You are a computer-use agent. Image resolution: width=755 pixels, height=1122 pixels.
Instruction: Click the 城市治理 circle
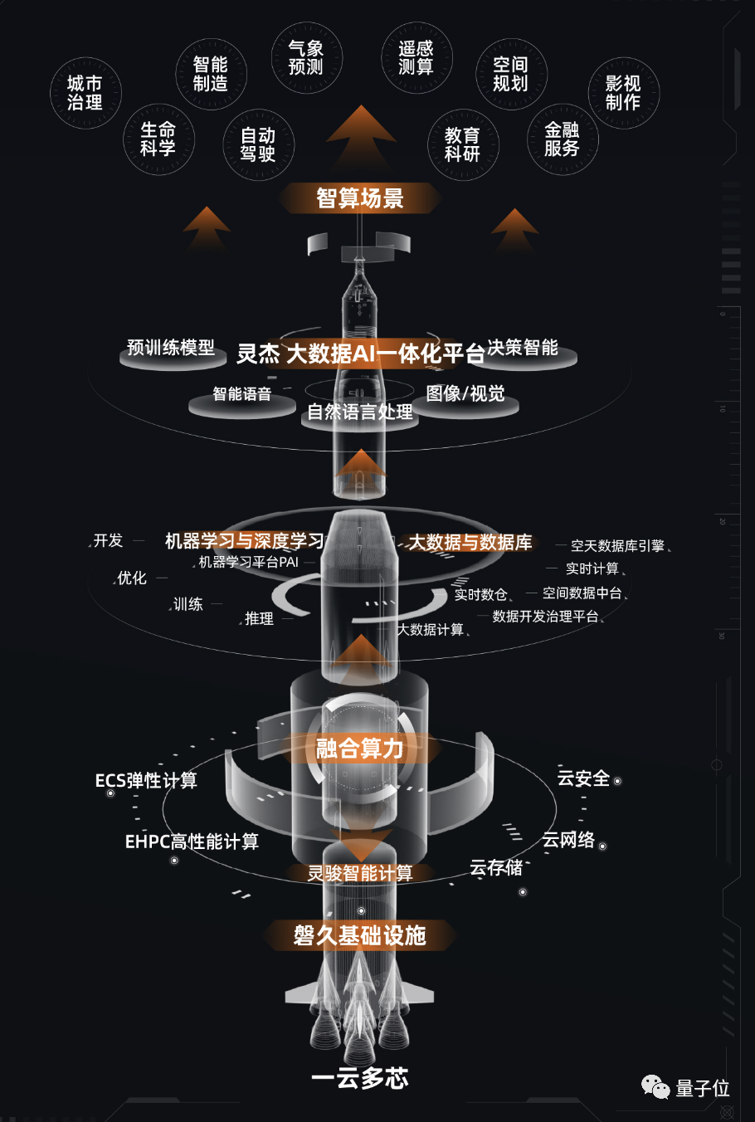click(x=85, y=93)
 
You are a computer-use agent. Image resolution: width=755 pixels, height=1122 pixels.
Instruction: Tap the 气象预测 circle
click(x=305, y=58)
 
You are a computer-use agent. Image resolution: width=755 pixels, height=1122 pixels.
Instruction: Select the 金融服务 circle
click(x=562, y=139)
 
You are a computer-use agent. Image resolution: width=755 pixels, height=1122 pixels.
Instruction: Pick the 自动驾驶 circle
click(x=258, y=144)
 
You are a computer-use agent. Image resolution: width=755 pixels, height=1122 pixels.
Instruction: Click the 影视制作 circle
click(x=623, y=93)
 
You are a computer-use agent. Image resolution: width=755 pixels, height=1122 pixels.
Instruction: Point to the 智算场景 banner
click(x=360, y=198)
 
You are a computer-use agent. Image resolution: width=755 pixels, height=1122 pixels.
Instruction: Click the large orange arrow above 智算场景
click(x=361, y=136)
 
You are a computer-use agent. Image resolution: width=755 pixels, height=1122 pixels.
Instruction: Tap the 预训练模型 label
click(x=171, y=348)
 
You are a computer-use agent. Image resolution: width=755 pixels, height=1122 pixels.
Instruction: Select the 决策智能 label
click(x=523, y=348)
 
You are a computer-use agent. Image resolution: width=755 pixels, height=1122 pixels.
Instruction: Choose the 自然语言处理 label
click(x=360, y=412)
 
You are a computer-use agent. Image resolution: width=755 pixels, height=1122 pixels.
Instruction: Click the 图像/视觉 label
click(x=465, y=393)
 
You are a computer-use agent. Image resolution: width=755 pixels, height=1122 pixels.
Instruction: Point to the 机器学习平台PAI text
click(x=248, y=562)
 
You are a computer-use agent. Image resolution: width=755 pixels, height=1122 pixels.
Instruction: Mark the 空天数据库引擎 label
click(x=617, y=545)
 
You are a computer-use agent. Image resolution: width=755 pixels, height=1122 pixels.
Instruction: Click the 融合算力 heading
click(x=360, y=749)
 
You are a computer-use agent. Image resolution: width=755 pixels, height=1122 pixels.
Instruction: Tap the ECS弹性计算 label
click(x=146, y=780)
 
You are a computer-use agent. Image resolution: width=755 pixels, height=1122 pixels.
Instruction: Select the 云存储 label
click(x=496, y=868)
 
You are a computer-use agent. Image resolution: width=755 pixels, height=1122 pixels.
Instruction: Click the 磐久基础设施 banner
click(x=360, y=935)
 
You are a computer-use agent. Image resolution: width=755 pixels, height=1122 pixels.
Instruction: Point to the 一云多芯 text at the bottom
click(x=360, y=1078)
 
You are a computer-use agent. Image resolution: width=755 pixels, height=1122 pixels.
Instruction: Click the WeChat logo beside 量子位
click(x=655, y=1087)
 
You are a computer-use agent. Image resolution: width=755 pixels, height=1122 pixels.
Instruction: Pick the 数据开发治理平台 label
click(x=545, y=617)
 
